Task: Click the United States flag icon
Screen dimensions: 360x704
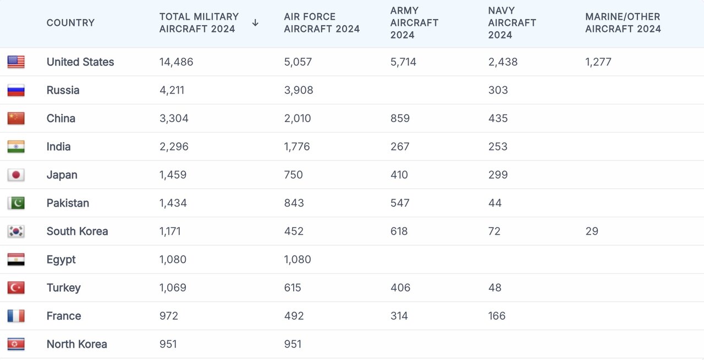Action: pos(16,62)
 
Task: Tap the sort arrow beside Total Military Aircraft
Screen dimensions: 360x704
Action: pos(255,23)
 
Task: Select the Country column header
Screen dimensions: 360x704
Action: pos(70,23)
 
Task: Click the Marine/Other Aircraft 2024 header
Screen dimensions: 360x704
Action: pos(623,23)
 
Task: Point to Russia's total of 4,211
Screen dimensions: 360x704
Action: pos(172,90)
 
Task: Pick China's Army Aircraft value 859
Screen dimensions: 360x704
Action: pos(400,118)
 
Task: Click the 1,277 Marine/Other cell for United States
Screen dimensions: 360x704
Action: pos(598,62)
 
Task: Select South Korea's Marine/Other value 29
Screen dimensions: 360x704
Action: pos(592,231)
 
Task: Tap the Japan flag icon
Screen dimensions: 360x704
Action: pos(16,175)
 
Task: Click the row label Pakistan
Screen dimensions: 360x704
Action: pos(68,203)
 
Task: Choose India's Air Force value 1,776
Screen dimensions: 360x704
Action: pos(297,147)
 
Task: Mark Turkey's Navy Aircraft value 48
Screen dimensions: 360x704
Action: pos(495,287)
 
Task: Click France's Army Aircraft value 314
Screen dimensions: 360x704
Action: pos(399,316)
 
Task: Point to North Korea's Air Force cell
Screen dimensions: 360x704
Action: pos(293,344)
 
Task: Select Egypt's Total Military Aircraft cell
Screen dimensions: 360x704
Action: pos(173,259)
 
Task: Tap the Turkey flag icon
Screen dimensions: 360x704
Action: pos(16,287)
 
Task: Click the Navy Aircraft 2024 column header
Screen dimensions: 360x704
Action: pos(512,23)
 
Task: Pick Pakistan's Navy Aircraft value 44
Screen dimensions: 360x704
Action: pos(495,203)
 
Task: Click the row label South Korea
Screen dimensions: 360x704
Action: pos(77,231)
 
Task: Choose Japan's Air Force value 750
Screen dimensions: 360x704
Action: pos(294,175)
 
